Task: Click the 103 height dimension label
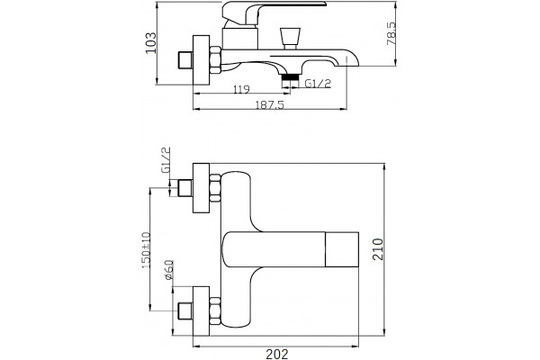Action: pos(151,43)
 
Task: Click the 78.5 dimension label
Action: pos(391,34)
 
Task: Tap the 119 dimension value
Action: pos(241,90)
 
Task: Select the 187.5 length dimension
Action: pos(270,104)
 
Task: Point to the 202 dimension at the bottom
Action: pos(277,354)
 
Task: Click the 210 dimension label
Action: pos(378,249)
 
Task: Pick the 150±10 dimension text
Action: pos(146,250)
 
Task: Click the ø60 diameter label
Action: pos(169,270)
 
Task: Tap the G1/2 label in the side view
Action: pos(318,84)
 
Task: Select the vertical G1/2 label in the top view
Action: pos(166,159)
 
